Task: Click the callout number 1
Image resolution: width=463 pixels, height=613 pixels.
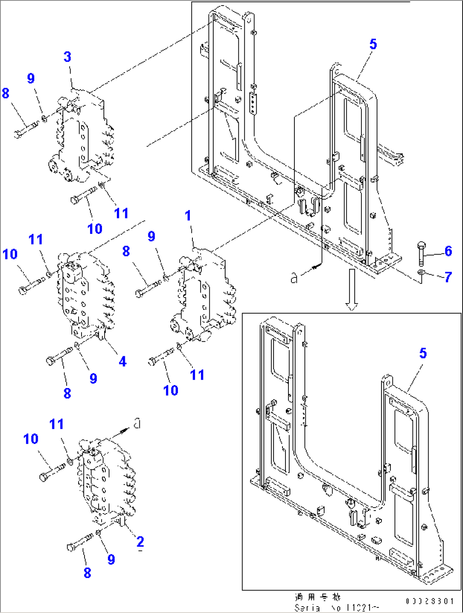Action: [188, 216]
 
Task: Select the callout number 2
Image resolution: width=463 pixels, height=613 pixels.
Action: [140, 542]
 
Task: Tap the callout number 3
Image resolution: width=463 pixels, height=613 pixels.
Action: [68, 57]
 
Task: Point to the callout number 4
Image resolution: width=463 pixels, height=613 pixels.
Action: [123, 361]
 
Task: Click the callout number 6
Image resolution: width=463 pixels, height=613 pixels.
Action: [448, 251]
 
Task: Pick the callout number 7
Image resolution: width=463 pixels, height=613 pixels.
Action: [448, 277]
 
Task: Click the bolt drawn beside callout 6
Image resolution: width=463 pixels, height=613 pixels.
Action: [421, 253]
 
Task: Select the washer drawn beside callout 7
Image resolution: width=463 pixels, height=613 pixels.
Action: [421, 272]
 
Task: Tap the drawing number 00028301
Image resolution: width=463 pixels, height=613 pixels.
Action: [430, 601]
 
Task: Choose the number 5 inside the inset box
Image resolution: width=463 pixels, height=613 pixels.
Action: [423, 353]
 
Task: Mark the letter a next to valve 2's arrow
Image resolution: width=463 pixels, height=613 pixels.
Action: [137, 423]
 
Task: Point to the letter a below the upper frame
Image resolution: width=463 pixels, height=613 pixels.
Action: [294, 278]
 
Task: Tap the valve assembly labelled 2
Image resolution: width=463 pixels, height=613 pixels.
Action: [106, 480]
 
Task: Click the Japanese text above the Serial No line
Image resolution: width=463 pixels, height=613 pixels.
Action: [318, 597]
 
